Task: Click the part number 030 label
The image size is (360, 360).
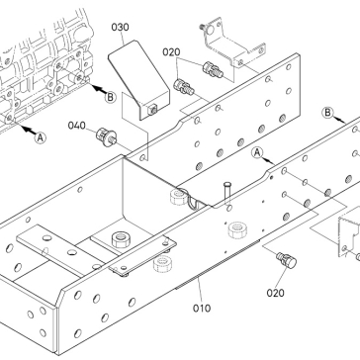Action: (x=120, y=27)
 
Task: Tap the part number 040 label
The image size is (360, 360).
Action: (x=76, y=126)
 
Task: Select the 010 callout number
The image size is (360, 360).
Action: (x=202, y=309)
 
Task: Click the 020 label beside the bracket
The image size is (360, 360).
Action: (x=171, y=52)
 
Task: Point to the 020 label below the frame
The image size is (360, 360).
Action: (x=275, y=293)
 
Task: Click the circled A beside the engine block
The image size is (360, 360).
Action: (x=41, y=137)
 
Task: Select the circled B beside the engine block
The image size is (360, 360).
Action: (x=111, y=97)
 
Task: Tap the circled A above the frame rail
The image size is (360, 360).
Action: (x=257, y=153)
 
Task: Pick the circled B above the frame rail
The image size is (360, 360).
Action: (x=327, y=113)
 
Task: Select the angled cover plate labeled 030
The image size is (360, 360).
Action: (x=138, y=80)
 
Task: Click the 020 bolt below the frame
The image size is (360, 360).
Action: (x=287, y=260)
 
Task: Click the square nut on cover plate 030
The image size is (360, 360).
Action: (x=152, y=110)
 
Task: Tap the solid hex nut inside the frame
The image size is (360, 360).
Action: (x=120, y=239)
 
